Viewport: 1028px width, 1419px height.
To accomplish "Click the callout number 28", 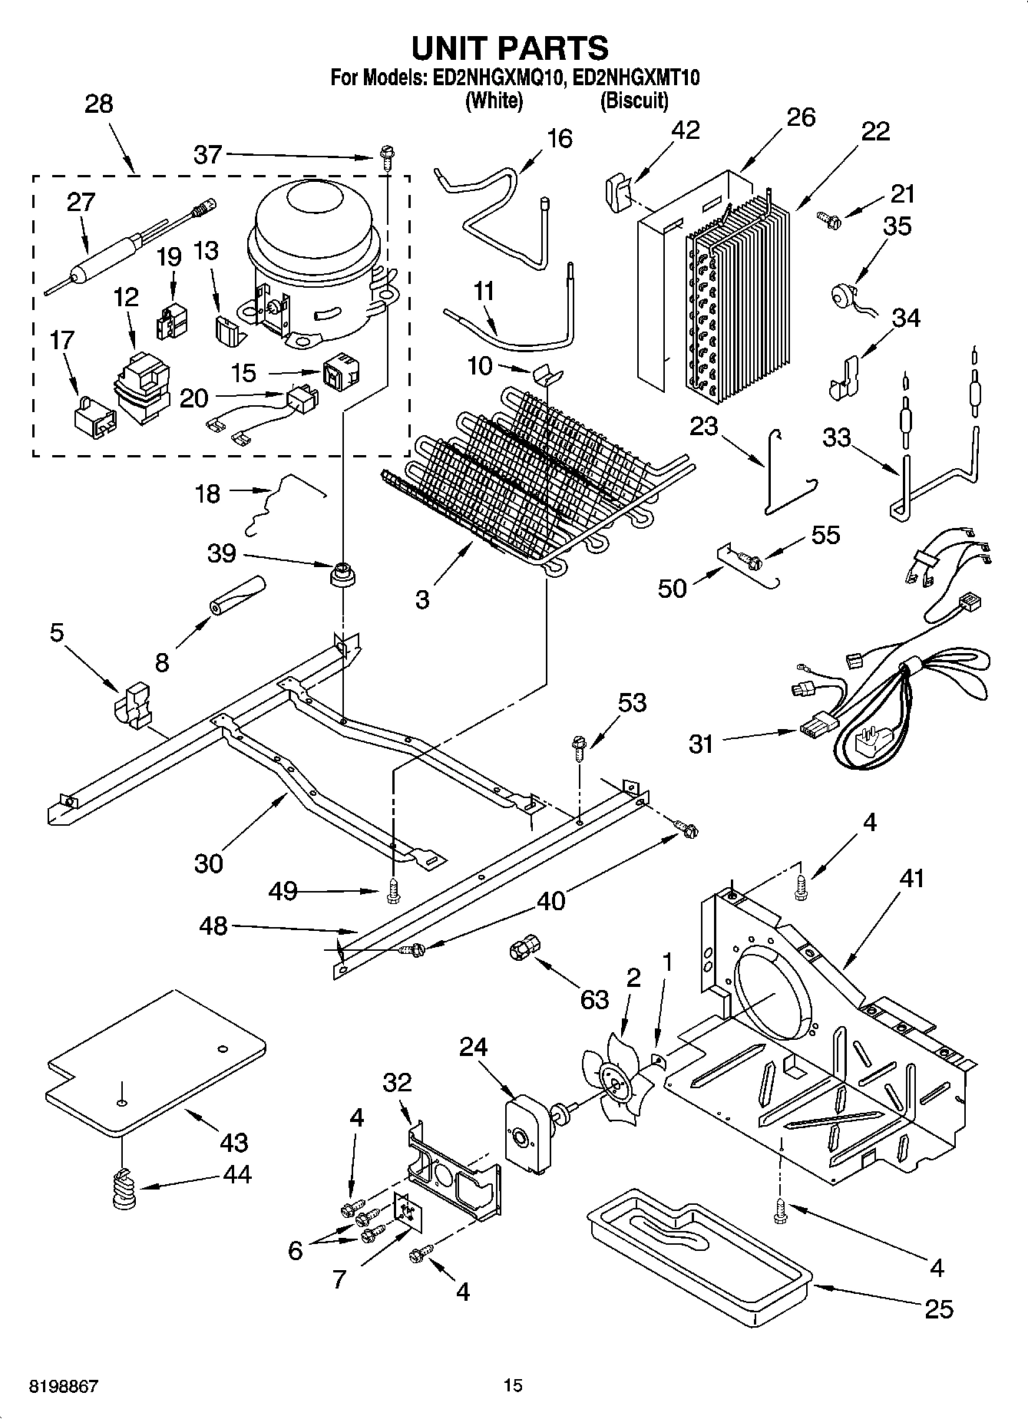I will tap(99, 104).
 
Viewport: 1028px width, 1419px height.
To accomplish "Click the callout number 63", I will tap(595, 999).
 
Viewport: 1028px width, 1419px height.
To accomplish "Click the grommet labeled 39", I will tap(344, 574).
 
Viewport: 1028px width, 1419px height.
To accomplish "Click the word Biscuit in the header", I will tap(633, 101).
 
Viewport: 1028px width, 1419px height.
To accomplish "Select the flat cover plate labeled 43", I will tap(154, 1063).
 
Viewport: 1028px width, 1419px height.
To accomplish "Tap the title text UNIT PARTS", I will tap(510, 48).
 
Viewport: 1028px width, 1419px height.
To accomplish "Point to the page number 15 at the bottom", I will tap(513, 1386).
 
